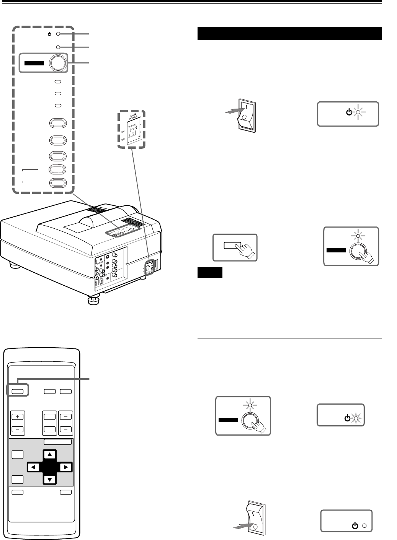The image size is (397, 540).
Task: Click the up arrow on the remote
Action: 49,455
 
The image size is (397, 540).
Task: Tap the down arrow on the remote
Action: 49,480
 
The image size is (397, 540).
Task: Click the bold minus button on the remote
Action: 66,429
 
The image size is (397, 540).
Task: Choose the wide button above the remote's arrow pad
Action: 57,442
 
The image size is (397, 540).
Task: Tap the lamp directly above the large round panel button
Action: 58,47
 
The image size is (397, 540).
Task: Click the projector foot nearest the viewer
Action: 93,301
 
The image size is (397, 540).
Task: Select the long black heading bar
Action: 290,33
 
